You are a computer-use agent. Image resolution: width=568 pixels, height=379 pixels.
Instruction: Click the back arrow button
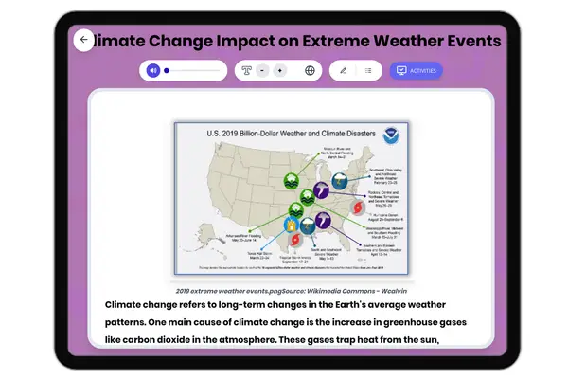click(83, 40)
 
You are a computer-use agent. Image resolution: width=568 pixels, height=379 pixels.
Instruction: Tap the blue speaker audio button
click(153, 70)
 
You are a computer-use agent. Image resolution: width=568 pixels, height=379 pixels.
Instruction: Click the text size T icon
click(247, 70)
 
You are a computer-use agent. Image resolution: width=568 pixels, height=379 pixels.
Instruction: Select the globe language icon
click(310, 70)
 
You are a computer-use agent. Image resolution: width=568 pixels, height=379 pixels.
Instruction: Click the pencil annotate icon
click(343, 70)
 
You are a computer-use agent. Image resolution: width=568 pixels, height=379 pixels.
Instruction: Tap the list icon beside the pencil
click(368, 70)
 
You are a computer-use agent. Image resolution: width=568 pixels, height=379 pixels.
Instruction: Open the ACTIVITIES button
click(416, 70)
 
